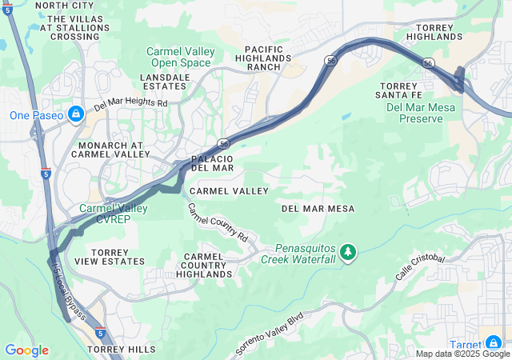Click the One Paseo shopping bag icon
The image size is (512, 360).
pyautogui.click(x=76, y=114)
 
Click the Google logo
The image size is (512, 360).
pyautogui.click(x=26, y=350)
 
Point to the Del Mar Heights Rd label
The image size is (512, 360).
pyautogui.click(x=130, y=104)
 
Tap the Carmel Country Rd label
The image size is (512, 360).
pyautogui.click(x=218, y=222)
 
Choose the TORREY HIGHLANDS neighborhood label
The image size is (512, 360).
pyautogui.click(x=434, y=32)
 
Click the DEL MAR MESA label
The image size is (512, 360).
pyautogui.click(x=318, y=208)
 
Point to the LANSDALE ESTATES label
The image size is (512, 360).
pyautogui.click(x=166, y=82)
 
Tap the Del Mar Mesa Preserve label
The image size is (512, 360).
pyautogui.click(x=414, y=113)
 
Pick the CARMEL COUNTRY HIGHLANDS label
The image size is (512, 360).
pyautogui.click(x=204, y=265)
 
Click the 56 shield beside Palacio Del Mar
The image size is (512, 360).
pyautogui.click(x=224, y=143)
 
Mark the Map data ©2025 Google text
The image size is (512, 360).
pyautogui.click(x=462, y=354)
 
